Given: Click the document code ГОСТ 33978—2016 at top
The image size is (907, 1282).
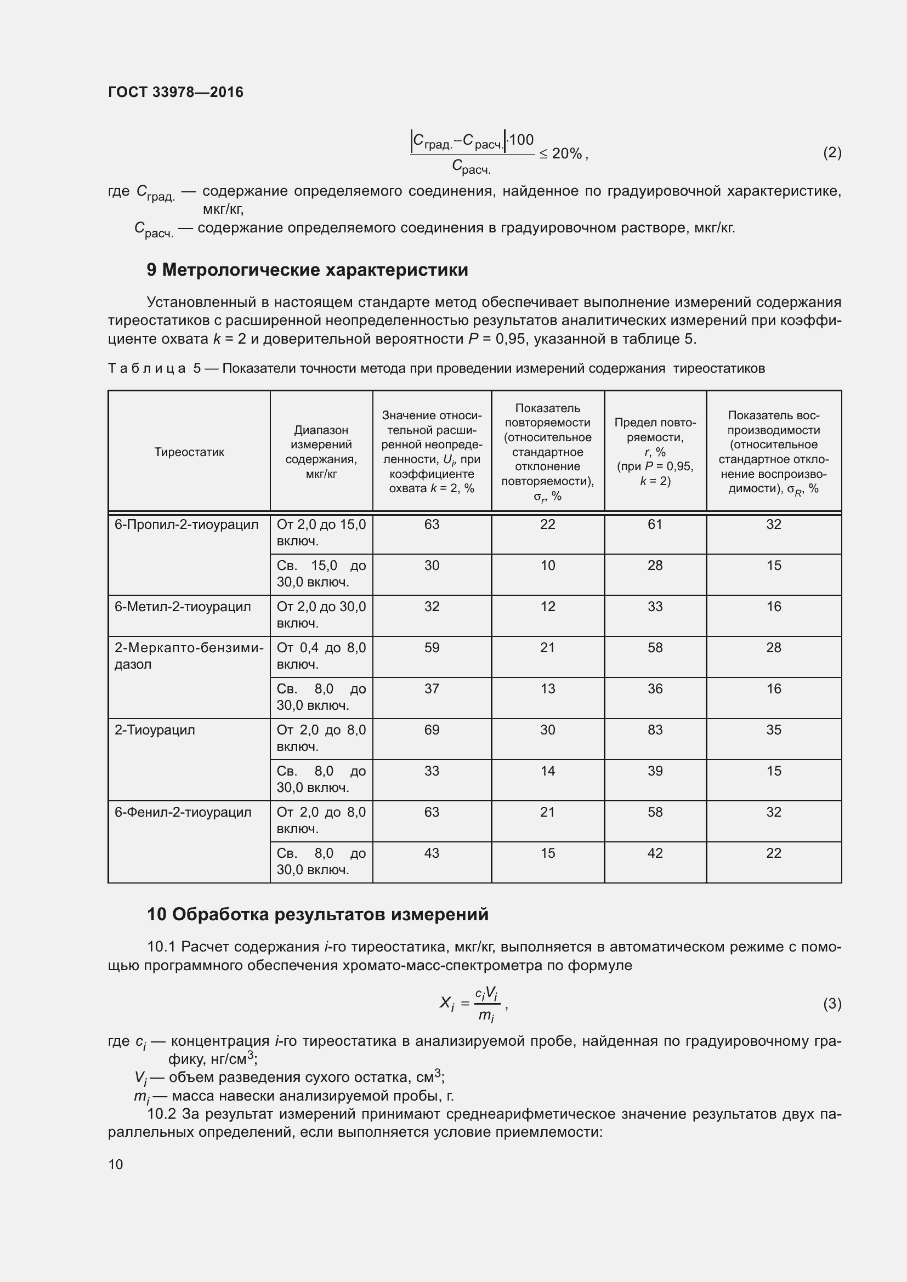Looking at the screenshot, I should pyautogui.click(x=175, y=93).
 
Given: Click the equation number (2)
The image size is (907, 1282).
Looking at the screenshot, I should pyautogui.click(x=832, y=152).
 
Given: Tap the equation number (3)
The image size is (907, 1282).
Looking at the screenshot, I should pyautogui.click(x=832, y=1004).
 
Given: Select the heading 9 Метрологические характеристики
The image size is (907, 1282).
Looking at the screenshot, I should pyautogui.click(x=307, y=270).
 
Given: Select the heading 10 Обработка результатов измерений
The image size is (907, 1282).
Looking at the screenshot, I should pyautogui.click(x=317, y=914).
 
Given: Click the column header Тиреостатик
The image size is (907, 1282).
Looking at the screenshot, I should pyautogui.click(x=189, y=452).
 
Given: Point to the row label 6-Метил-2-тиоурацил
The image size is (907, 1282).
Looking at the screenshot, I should pyautogui.click(x=183, y=606).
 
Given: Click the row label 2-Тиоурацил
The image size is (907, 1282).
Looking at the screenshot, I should pyautogui.click(x=155, y=730).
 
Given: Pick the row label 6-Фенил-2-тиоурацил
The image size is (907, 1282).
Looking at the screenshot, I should pyautogui.click(x=183, y=812).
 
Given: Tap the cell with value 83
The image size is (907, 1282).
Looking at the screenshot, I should pyautogui.click(x=655, y=730).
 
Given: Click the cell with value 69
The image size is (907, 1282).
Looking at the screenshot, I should pyautogui.click(x=432, y=730).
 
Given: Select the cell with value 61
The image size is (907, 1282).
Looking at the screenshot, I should pyautogui.click(x=655, y=525).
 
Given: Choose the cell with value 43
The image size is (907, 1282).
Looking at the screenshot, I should pyautogui.click(x=432, y=853).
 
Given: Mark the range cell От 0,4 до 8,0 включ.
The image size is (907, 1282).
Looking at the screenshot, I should pyautogui.click(x=321, y=656).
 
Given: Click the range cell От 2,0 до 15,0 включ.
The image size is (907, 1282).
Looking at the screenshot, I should pyautogui.click(x=321, y=532).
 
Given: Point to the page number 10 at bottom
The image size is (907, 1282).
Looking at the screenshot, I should pyautogui.click(x=116, y=1164).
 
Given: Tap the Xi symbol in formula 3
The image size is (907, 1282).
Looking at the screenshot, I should pyautogui.click(x=447, y=1004).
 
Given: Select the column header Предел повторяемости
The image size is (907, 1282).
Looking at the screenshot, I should pyautogui.click(x=655, y=451).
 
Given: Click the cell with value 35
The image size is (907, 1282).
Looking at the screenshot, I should pyautogui.click(x=773, y=730).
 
